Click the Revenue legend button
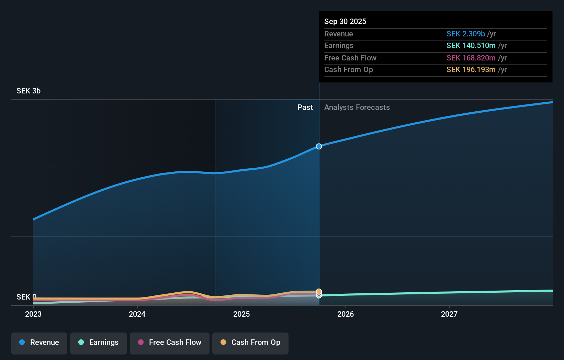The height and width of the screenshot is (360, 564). click(x=39, y=343)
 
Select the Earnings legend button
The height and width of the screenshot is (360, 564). click(x=99, y=343)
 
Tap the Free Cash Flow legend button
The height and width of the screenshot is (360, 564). click(x=170, y=343)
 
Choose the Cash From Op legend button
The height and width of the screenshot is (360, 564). click(x=250, y=343)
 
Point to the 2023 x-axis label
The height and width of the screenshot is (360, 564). click(x=33, y=314)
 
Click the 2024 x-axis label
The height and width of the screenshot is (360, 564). click(x=137, y=314)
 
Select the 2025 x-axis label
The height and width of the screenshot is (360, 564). click(x=241, y=314)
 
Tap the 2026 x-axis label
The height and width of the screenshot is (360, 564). click(x=346, y=314)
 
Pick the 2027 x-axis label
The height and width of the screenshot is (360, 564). click(x=449, y=314)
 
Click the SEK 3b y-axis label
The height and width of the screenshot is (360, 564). click(x=29, y=91)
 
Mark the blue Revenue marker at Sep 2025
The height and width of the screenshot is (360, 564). click(x=319, y=146)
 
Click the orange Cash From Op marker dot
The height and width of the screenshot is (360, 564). click(x=319, y=291)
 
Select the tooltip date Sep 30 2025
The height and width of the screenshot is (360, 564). click(x=345, y=21)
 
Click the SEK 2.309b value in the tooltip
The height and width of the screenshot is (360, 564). click(x=465, y=34)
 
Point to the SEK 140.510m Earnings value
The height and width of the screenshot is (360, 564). click(x=471, y=46)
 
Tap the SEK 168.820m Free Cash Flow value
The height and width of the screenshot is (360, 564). click(x=471, y=58)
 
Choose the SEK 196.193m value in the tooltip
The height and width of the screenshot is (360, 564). click(x=471, y=70)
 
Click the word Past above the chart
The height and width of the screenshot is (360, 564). click(x=305, y=108)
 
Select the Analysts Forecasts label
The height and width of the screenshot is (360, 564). click(x=357, y=108)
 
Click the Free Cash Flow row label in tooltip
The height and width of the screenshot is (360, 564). click(x=350, y=58)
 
